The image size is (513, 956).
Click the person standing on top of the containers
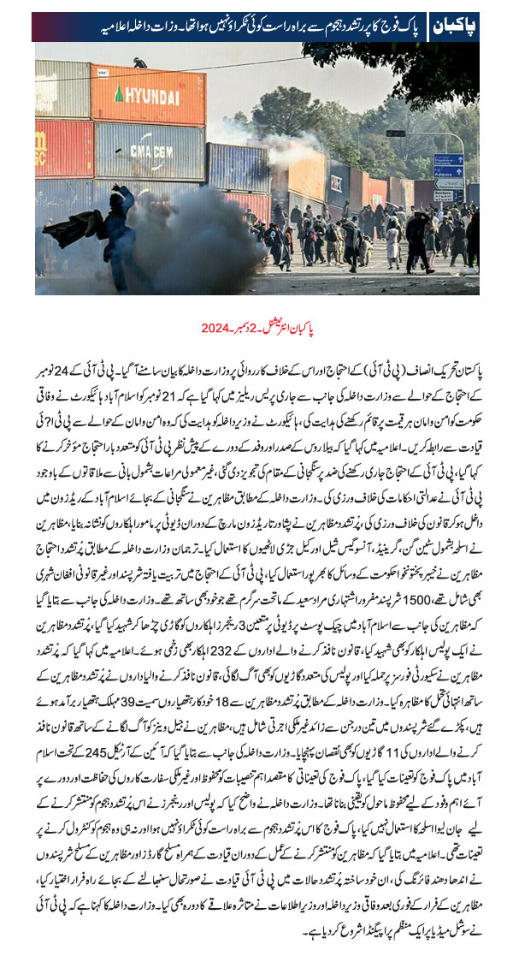(139, 63)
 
